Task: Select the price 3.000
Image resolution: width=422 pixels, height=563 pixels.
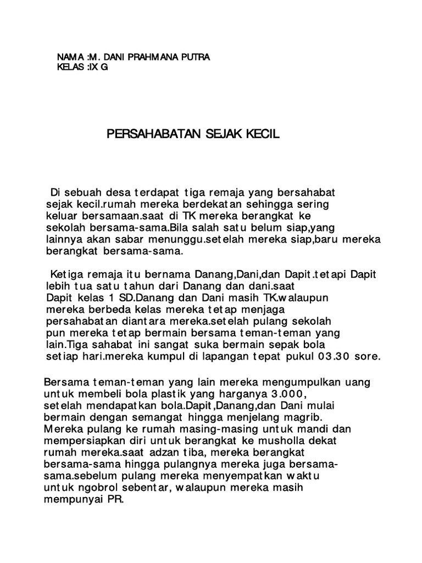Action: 290,394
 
